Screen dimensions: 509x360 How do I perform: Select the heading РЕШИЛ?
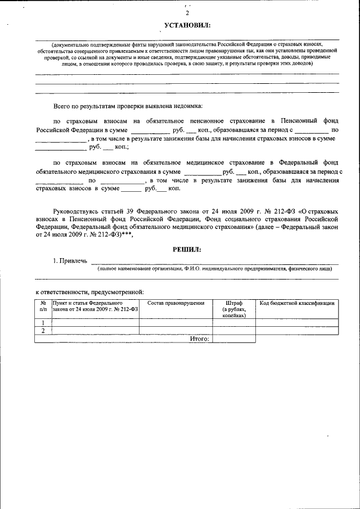click(186, 249)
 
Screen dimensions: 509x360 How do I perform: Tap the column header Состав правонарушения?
click(175, 304)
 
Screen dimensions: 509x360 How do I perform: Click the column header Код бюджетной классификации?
click(297, 304)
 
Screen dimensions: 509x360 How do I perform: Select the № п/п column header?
click(43, 307)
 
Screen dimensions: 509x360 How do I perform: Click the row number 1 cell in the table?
click(43, 322)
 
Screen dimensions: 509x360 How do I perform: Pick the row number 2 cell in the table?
click(43, 331)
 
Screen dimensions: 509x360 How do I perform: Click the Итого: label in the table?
click(200, 339)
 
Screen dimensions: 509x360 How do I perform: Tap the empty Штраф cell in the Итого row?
click(234, 339)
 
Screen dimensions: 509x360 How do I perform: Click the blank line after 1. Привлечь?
click(214, 261)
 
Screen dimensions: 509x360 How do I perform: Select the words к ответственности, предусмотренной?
click(89, 292)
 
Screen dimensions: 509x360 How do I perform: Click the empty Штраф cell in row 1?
click(234, 322)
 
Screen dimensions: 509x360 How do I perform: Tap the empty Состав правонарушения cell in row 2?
click(175, 331)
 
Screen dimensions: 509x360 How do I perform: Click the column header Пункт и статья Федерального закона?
click(95, 307)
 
